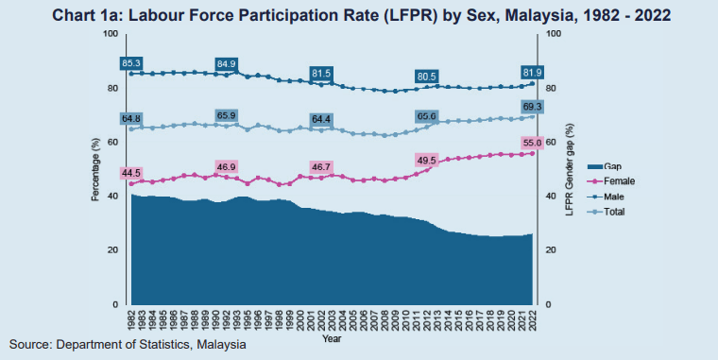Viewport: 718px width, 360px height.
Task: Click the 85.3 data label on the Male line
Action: pyautogui.click(x=131, y=63)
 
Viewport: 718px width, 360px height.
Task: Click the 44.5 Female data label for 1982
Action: pyautogui.click(x=131, y=173)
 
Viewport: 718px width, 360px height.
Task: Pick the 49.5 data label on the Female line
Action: pyautogui.click(x=426, y=161)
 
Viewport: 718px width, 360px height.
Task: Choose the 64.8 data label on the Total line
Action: pyautogui.click(x=131, y=118)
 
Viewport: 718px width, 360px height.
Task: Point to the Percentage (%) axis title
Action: pyautogui.click(x=94, y=170)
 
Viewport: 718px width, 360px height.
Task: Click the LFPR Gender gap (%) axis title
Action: pyautogui.click(x=569, y=170)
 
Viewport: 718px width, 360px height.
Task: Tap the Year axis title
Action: pyautogui.click(x=331, y=337)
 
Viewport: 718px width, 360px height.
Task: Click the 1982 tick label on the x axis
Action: pyautogui.click(x=132, y=319)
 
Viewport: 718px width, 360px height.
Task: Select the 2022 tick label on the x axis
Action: pyautogui.click(x=532, y=319)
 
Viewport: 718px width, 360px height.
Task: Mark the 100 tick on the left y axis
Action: pyautogui.click(x=111, y=34)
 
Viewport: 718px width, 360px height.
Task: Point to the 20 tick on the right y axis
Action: pyautogui.click(x=551, y=250)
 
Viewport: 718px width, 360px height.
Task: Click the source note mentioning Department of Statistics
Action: pyautogui.click(x=128, y=346)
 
